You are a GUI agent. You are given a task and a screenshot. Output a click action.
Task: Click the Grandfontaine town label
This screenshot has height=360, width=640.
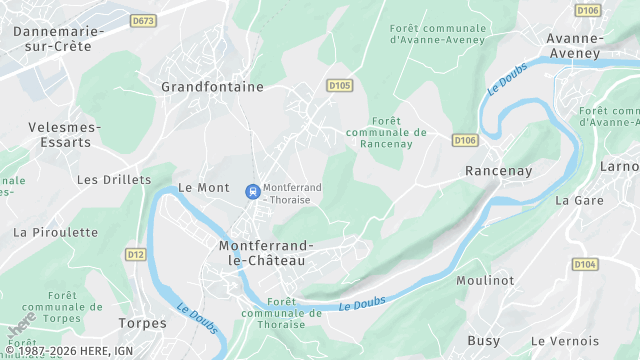[212, 87]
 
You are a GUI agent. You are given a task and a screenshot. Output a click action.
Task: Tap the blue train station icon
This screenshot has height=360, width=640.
[252, 189]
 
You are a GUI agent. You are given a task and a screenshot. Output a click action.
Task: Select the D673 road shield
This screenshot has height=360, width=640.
[143, 20]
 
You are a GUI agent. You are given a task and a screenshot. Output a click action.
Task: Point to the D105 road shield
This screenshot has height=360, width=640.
[339, 86]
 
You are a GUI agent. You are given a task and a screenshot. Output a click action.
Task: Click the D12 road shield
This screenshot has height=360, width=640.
[136, 255]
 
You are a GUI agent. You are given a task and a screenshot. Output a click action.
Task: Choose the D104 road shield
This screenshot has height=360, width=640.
[585, 264]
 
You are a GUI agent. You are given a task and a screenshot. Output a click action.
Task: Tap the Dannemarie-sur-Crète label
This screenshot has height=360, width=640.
[59, 39]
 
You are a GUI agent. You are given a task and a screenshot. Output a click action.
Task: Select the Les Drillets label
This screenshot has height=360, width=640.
[114, 180]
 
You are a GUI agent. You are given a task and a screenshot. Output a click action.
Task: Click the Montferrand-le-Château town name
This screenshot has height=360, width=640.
[266, 252]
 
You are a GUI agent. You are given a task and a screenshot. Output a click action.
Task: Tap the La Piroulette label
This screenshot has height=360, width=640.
[56, 232]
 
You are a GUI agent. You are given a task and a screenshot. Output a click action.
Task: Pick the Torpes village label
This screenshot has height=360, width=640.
[143, 323]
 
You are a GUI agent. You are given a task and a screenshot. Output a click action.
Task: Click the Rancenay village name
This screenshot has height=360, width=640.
[497, 171]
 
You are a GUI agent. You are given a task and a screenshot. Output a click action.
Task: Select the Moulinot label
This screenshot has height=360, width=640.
[486, 281]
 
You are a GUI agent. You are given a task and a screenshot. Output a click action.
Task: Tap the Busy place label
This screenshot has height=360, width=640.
[484, 341]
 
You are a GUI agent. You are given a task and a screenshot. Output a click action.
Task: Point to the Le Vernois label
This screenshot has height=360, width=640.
[566, 341]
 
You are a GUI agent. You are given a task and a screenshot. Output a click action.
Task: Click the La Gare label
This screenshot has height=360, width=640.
[577, 200]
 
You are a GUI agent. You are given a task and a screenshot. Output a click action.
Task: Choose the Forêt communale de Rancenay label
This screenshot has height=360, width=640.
[386, 132]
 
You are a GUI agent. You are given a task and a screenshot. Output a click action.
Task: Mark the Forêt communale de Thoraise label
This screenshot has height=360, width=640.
[281, 312]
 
